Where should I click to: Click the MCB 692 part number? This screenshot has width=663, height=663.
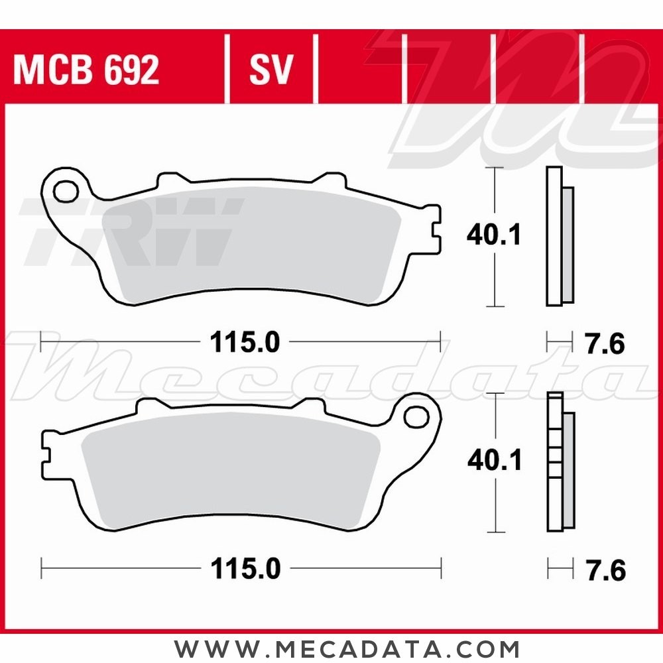(x=86, y=70)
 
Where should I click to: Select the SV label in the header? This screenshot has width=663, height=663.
(x=271, y=70)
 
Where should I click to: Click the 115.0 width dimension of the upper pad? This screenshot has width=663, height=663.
(x=245, y=343)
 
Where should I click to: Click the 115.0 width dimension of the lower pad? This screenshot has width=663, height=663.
(x=245, y=568)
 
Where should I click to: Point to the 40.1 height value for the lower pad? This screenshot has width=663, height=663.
(x=494, y=461)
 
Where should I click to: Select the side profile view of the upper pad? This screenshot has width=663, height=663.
(x=559, y=237)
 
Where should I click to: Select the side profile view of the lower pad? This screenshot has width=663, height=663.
(x=559, y=462)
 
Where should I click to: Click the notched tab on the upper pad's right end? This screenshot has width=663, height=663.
(x=434, y=229)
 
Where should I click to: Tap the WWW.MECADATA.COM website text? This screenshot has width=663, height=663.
(x=347, y=648)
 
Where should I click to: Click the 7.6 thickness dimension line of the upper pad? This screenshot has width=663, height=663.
(x=559, y=343)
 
